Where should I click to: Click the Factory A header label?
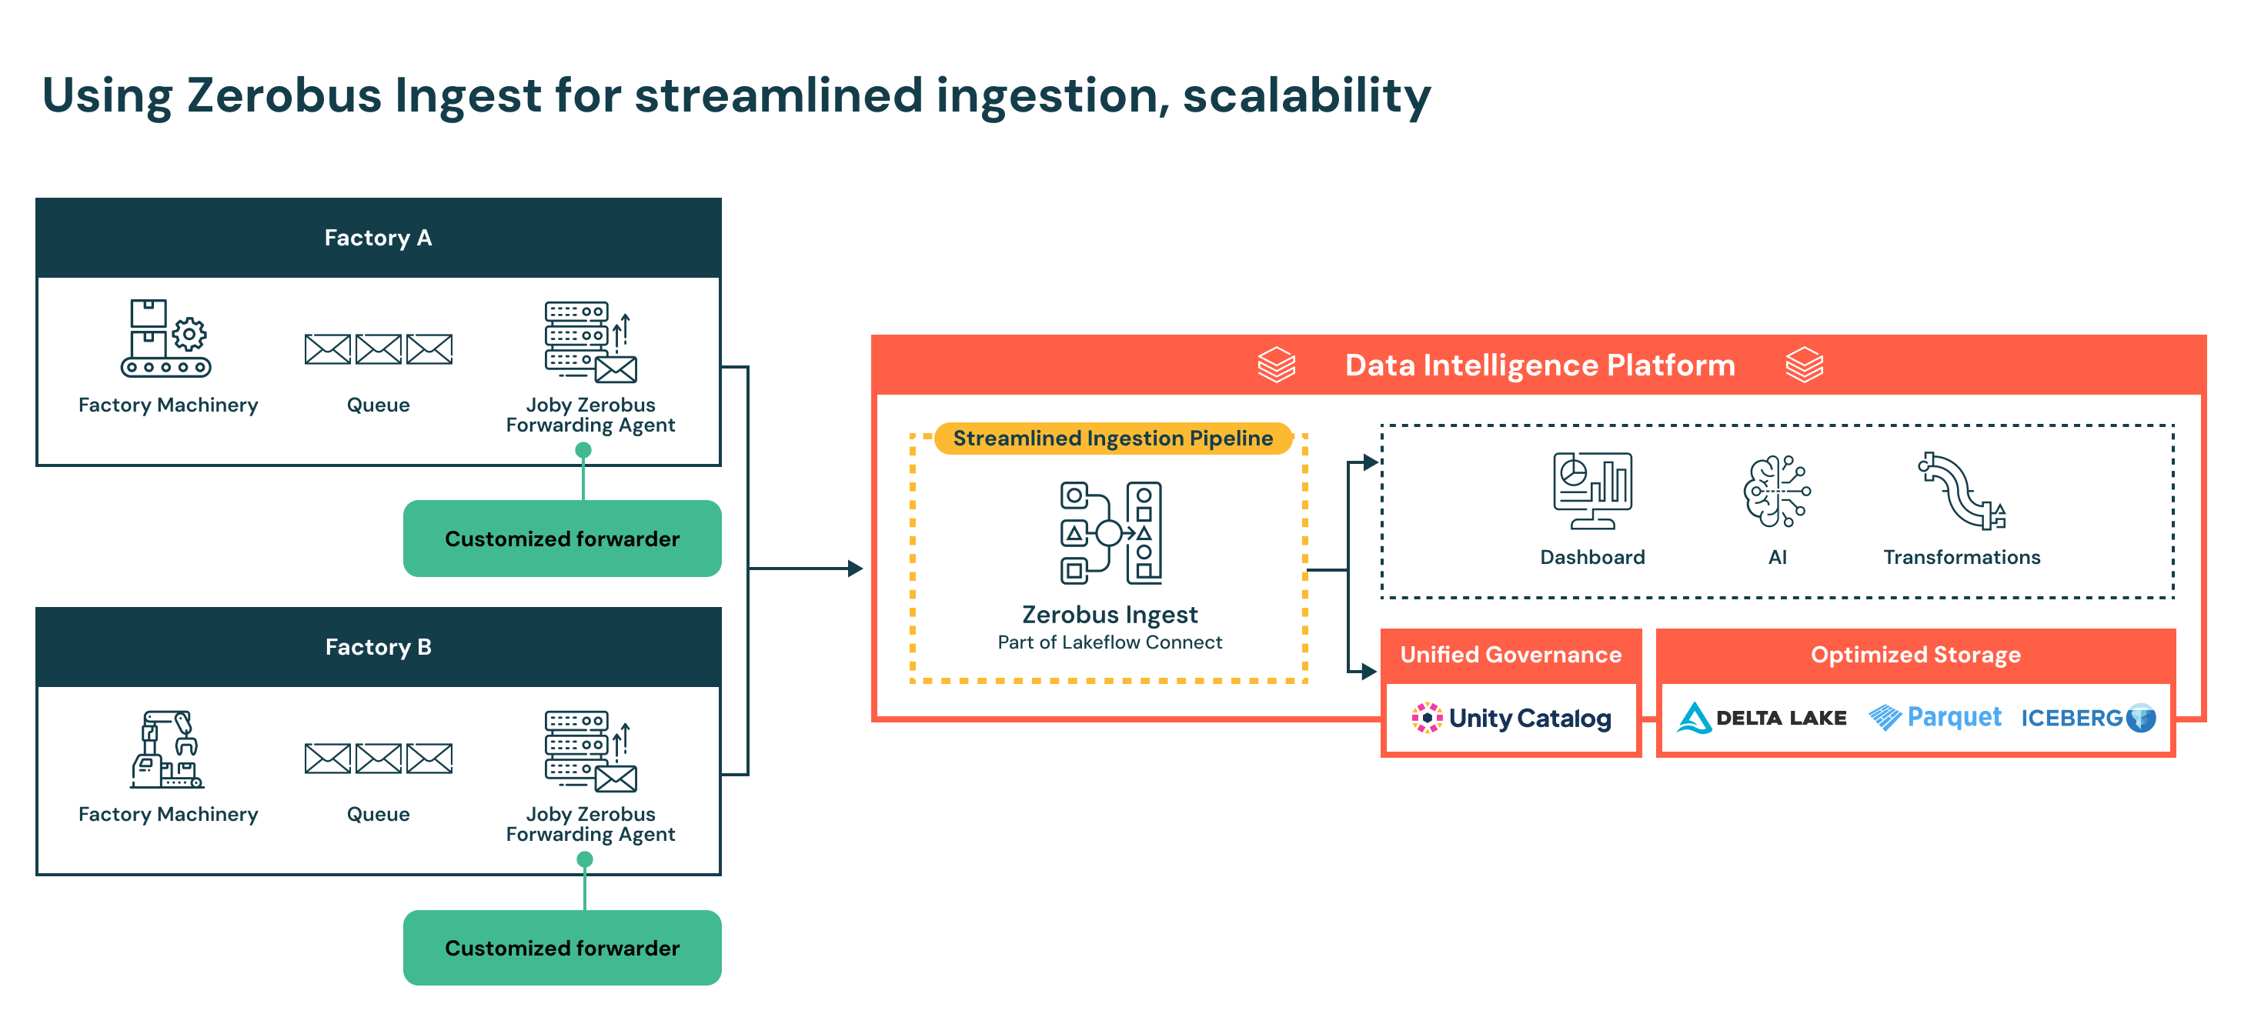coord(378,238)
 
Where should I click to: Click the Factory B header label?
coord(378,647)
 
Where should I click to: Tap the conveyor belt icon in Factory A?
coord(166,339)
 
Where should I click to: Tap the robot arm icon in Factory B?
coord(166,749)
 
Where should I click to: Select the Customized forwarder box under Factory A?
coord(562,539)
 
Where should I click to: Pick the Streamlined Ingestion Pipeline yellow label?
coord(1113,439)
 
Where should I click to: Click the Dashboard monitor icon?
coord(1592,491)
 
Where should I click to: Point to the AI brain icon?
coord(1776,492)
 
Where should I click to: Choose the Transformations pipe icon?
coord(1962,492)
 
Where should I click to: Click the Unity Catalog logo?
coord(1511,718)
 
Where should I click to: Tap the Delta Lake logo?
coord(1762,718)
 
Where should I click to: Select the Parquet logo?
coord(1935,718)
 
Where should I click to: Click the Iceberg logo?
coord(2088,718)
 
